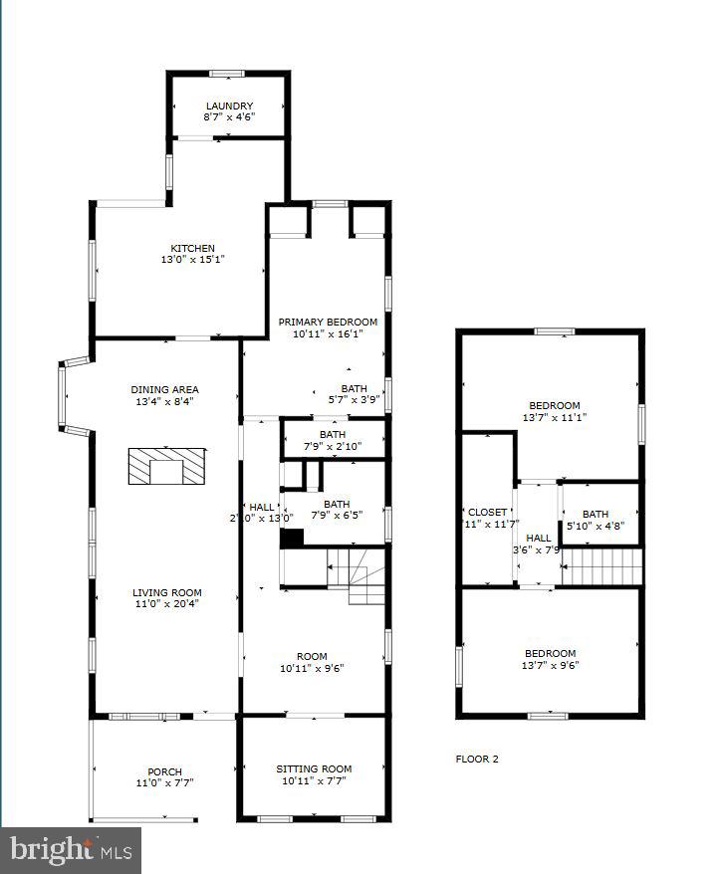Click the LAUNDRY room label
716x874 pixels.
click(x=229, y=106)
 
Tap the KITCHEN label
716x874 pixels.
click(x=192, y=248)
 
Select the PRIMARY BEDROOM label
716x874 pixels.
click(x=328, y=322)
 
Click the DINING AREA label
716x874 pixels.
click(x=164, y=389)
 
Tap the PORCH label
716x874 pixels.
click(x=164, y=771)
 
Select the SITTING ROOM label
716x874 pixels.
click(x=314, y=768)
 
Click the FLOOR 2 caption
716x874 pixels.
click(x=477, y=759)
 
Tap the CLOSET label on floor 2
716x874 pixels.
click(x=487, y=512)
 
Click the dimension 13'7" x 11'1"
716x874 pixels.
click(x=554, y=417)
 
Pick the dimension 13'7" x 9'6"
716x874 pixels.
click(x=552, y=666)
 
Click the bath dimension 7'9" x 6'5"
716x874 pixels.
click(x=337, y=515)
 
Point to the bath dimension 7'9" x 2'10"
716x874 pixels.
click(x=333, y=445)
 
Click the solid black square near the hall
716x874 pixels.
click(x=291, y=538)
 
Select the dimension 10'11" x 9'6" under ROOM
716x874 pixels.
click(x=312, y=668)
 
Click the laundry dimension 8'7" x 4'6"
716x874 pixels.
click(x=229, y=116)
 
